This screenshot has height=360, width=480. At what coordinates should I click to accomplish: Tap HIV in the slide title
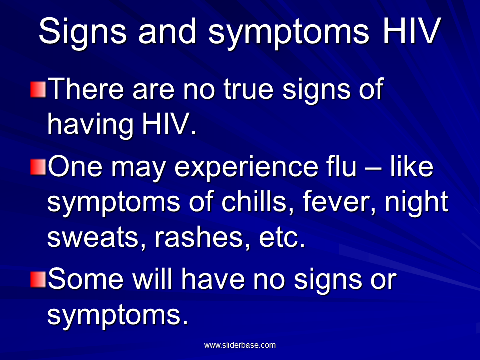click(x=412, y=30)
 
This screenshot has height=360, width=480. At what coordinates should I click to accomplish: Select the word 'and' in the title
click(x=167, y=30)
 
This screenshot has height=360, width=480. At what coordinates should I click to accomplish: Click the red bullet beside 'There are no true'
click(x=38, y=89)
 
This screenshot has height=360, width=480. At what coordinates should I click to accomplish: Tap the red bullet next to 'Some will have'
click(x=38, y=279)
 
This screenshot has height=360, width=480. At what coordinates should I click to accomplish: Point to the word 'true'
click(x=248, y=89)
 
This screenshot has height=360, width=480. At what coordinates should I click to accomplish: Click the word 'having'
click(x=90, y=125)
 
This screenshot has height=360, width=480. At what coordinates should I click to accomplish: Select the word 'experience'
click(x=246, y=168)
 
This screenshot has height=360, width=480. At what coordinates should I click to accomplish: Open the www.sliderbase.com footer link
click(x=240, y=345)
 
